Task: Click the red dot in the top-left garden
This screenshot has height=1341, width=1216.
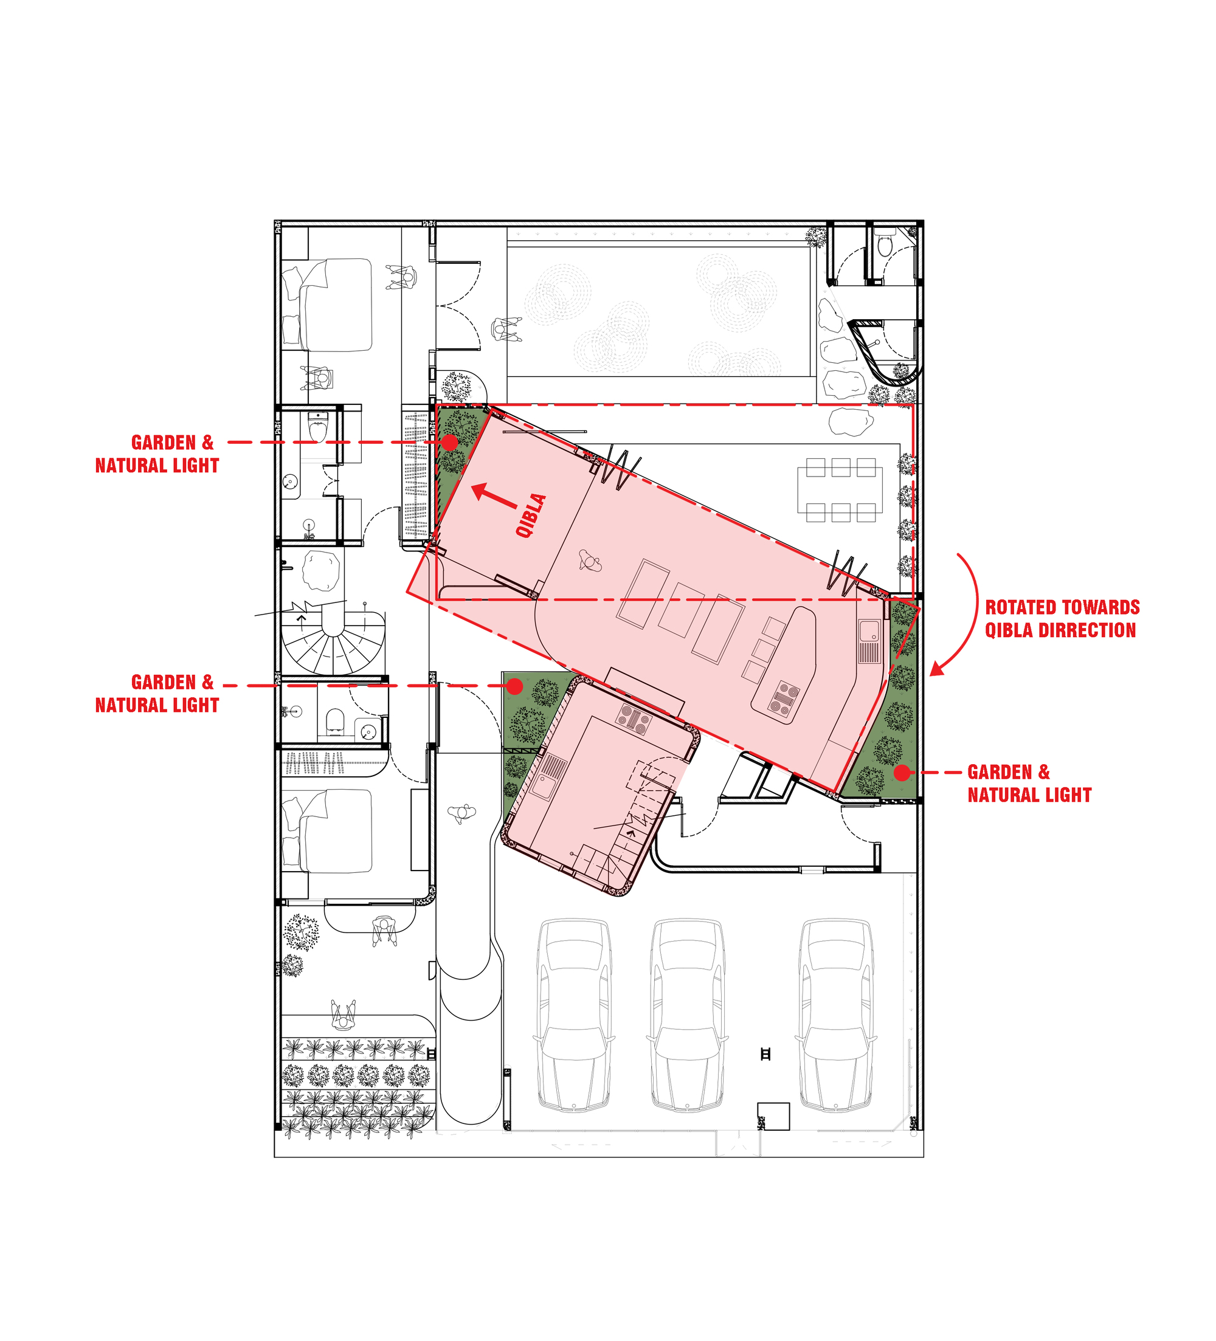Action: click(x=451, y=442)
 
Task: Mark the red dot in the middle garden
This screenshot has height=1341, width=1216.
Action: click(x=514, y=686)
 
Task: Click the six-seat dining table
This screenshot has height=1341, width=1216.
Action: click(x=840, y=489)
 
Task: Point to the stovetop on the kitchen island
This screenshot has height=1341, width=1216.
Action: click(x=784, y=700)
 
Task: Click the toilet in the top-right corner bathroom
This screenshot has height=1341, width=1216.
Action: click(x=884, y=247)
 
